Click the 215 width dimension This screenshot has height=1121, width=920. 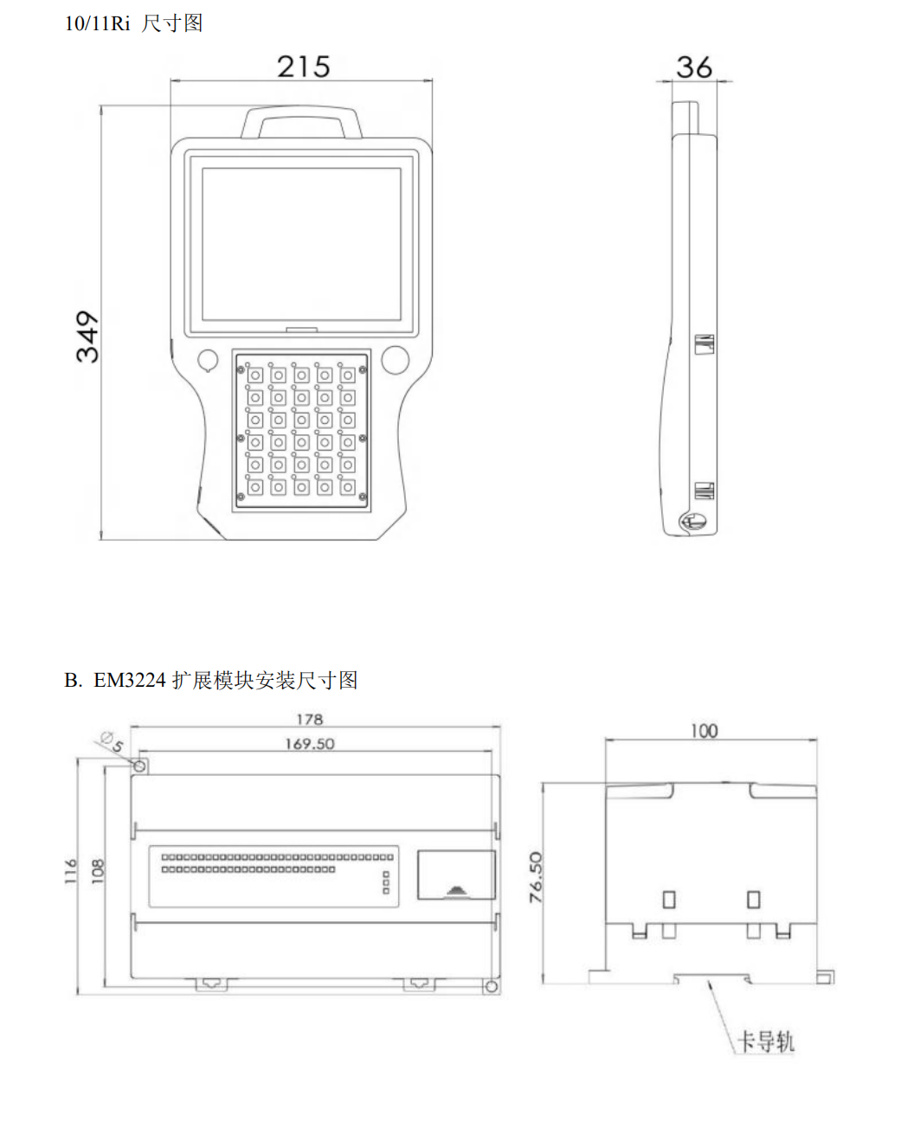(x=303, y=67)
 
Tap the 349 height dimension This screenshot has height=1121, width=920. (x=87, y=336)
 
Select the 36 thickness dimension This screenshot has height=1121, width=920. (x=694, y=67)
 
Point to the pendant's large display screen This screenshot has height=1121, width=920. (x=301, y=245)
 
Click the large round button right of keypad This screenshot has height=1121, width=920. (x=396, y=360)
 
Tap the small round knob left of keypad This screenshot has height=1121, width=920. (x=208, y=360)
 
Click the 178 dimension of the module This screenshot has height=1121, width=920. (x=310, y=719)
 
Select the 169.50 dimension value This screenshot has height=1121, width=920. (x=310, y=744)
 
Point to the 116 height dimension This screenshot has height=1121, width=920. (x=71, y=871)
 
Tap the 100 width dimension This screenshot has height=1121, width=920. (x=704, y=731)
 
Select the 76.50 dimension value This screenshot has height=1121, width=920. (x=536, y=877)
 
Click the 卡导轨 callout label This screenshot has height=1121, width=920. (x=766, y=1041)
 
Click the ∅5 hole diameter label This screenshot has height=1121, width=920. (x=113, y=741)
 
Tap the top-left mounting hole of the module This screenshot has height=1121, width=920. (x=139, y=766)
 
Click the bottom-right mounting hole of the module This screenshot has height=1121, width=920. (x=492, y=987)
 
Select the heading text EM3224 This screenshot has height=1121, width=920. (x=130, y=680)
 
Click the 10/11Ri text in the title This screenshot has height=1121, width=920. (x=97, y=23)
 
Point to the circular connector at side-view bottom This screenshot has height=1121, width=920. (x=693, y=521)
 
